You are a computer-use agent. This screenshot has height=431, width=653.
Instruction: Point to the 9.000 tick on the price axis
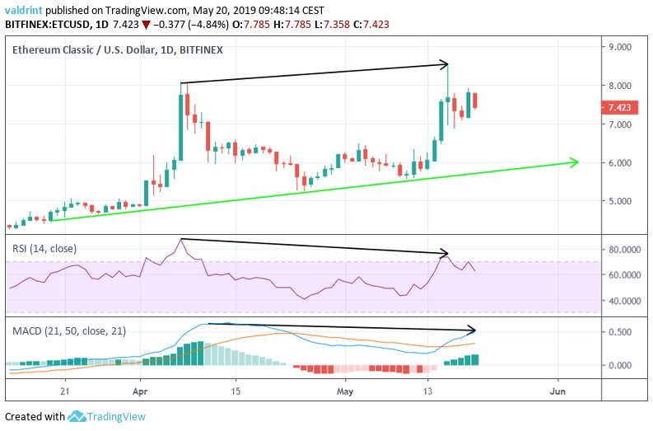pyautogui.click(x=619, y=48)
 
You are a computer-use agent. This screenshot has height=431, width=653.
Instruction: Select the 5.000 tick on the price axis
pyautogui.click(x=619, y=201)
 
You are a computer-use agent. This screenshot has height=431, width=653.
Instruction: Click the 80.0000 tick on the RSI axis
pyautogui.click(x=623, y=249)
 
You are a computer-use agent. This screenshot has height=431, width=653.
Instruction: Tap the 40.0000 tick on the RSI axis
pyautogui.click(x=623, y=302)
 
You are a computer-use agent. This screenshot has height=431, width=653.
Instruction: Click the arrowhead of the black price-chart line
pyautogui.click(x=445, y=63)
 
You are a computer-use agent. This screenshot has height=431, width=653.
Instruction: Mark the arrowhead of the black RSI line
pyautogui.click(x=445, y=253)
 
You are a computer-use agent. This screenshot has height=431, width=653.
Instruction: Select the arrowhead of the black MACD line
pyautogui.click(x=473, y=330)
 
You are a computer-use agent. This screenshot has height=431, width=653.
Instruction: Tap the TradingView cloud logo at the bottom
pyautogui.click(x=78, y=417)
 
